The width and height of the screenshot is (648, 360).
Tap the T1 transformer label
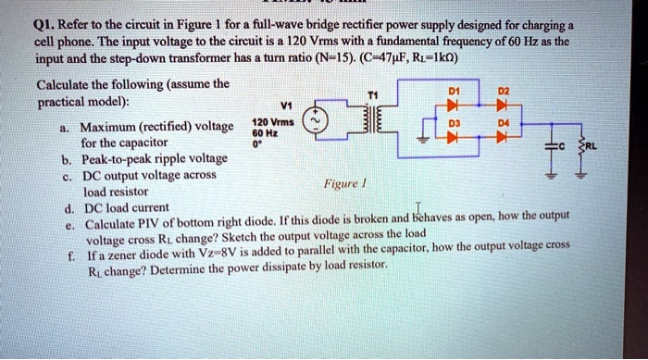373,93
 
